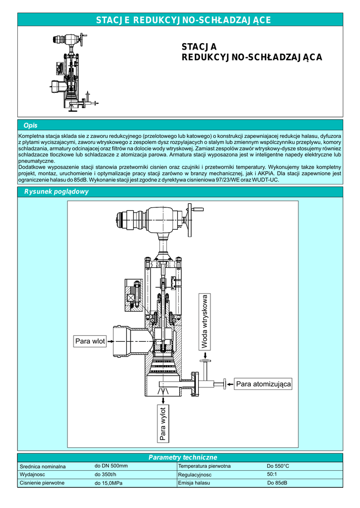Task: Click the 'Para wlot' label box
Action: point(90,341)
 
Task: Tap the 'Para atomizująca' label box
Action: point(263,384)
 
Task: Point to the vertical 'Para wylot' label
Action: point(162,423)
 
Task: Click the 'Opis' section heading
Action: point(30,125)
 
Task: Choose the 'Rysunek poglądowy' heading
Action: point(53,191)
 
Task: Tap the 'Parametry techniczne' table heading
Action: point(183,457)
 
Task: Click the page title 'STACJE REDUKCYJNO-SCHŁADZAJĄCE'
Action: point(183,20)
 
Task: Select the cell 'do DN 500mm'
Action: point(111,466)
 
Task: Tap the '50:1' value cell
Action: point(273,474)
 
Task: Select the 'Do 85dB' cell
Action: point(277,483)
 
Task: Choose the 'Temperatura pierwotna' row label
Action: point(204,466)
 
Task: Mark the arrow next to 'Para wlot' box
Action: point(111,341)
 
